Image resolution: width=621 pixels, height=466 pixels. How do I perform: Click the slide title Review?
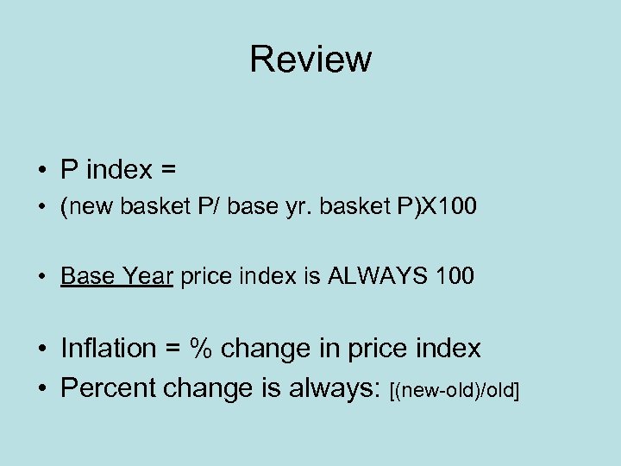(310, 59)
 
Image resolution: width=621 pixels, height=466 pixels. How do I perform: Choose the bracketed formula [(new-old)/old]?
(455, 392)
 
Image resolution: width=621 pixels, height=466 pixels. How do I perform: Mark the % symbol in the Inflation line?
(201, 349)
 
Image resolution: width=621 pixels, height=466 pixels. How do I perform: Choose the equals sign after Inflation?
(169, 349)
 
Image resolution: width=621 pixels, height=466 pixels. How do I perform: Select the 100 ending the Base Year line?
(455, 276)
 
